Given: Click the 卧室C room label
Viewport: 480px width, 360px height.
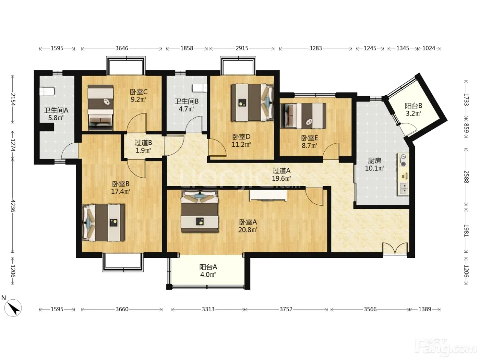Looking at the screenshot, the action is pyautogui.click(x=139, y=92).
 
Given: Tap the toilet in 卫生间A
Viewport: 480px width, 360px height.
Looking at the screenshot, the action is pyautogui.click(x=47, y=91).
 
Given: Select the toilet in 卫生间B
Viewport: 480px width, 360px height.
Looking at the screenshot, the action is pyautogui.click(x=200, y=88).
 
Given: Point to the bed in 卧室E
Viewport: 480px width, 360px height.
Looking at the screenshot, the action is pyautogui.click(x=303, y=116).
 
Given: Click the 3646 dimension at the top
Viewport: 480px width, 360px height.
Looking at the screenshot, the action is pyautogui.click(x=122, y=48).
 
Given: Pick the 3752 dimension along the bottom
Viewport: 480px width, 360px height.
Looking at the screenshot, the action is pyautogui.click(x=286, y=309).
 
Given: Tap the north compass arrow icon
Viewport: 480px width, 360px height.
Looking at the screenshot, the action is pyautogui.click(x=13, y=308).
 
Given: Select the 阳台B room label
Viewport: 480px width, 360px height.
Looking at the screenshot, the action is pyautogui.click(x=413, y=106).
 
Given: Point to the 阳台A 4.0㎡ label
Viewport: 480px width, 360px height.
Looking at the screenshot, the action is pyautogui.click(x=208, y=271).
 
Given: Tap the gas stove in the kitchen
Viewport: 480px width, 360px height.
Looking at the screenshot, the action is pyautogui.click(x=403, y=160).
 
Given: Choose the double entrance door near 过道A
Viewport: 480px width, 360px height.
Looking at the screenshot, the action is pyautogui.click(x=395, y=249).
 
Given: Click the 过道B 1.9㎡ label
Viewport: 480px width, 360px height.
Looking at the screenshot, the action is pyautogui.click(x=143, y=146).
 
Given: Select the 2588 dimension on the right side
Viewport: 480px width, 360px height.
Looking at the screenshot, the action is pyautogui.click(x=466, y=177).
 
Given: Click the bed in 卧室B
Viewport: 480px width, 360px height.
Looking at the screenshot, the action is pyautogui.click(x=103, y=223).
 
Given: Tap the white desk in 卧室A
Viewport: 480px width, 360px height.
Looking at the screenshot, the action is pyautogui.click(x=268, y=195).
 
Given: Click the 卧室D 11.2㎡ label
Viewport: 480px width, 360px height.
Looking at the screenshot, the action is pyautogui.click(x=241, y=141).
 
